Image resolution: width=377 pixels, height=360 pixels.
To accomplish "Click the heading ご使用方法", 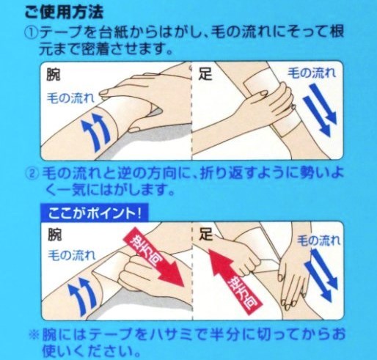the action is click(64, 12).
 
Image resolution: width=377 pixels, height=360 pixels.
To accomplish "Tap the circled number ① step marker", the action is click(32, 32).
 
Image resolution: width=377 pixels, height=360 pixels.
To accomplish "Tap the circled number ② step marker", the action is click(33, 173).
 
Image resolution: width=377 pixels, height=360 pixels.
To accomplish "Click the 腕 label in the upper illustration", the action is click(54, 74).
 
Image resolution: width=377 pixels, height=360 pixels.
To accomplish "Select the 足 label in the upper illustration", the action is click(205, 73).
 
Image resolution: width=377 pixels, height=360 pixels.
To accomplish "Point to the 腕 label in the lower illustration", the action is click(54, 235).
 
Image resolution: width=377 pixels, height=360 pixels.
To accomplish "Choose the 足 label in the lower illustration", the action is click(206, 234).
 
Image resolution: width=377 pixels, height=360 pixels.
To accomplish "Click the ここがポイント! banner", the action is click(95, 213).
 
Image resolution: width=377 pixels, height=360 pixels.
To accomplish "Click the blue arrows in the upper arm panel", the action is click(96, 131).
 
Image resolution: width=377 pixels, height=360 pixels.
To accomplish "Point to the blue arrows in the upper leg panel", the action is click(320, 110).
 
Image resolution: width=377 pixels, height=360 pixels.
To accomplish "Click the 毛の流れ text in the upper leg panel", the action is click(312, 73).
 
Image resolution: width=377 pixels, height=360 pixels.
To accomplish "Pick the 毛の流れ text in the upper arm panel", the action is click(70, 98).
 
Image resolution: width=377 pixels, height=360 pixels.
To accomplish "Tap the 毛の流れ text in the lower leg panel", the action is click(318, 240).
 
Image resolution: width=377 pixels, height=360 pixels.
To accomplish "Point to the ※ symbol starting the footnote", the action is click(34, 334).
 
